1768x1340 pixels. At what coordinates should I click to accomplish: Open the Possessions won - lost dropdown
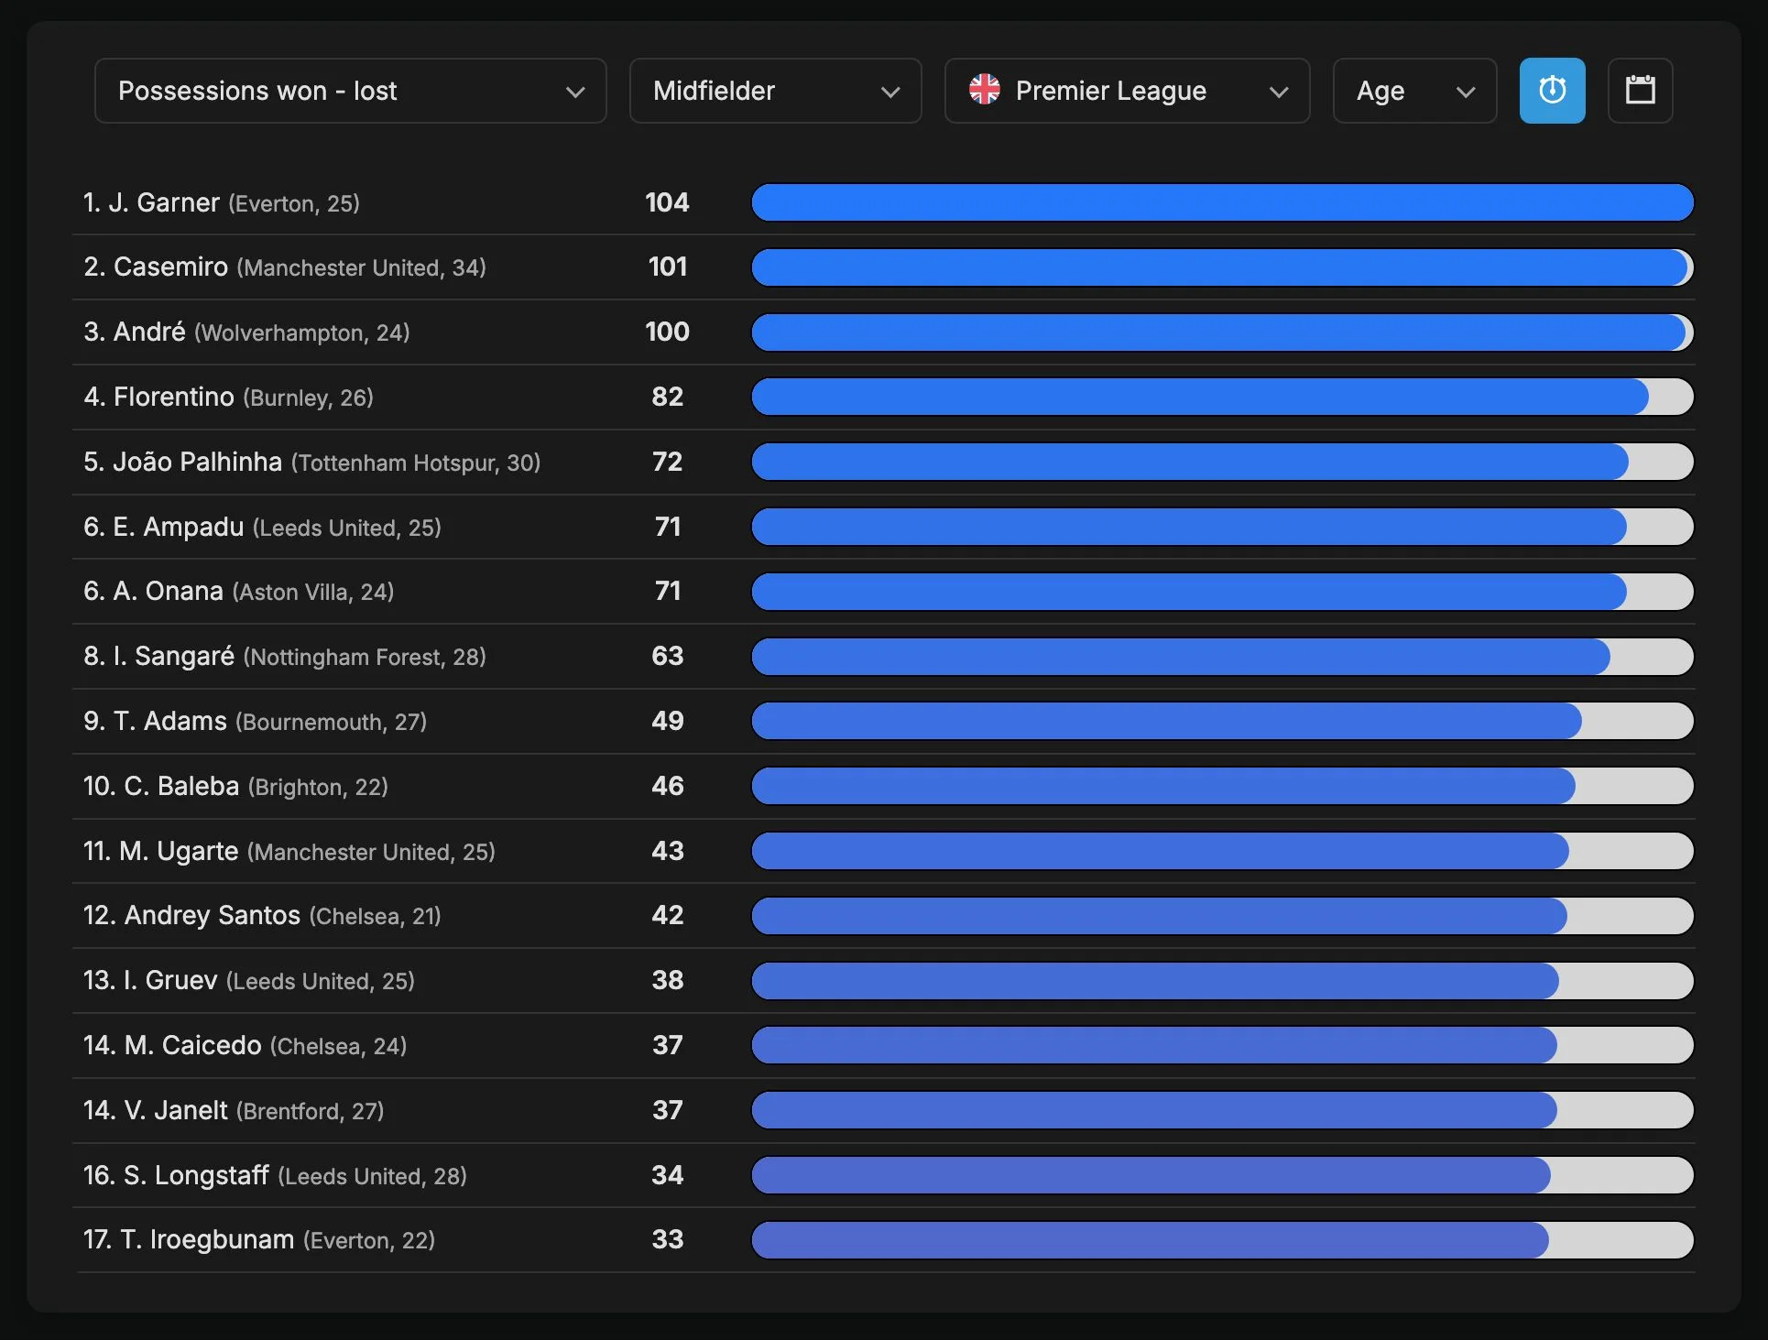(x=350, y=91)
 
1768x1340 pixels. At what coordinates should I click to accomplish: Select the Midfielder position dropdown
(x=775, y=91)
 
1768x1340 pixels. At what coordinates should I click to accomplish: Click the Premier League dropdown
(x=1127, y=91)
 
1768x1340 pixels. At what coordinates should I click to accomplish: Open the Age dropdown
(x=1414, y=91)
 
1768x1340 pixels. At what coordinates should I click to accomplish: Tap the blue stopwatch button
(x=1552, y=91)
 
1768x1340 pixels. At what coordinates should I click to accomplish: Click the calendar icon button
(x=1640, y=91)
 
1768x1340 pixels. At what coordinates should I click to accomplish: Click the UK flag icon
(x=985, y=90)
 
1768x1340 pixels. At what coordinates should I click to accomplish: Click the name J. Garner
(x=164, y=202)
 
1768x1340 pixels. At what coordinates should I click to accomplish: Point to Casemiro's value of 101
(x=668, y=267)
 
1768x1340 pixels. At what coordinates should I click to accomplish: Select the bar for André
(x=1222, y=332)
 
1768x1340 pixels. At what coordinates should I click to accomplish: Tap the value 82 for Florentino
(x=668, y=397)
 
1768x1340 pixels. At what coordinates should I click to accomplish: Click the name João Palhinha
(x=197, y=462)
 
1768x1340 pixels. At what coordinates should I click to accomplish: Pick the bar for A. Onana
(x=1222, y=592)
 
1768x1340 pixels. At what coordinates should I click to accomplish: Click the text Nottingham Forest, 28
(x=365, y=657)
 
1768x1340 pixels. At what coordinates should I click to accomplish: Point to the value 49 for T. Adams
(x=668, y=721)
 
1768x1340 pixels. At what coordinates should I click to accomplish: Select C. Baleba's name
(x=181, y=786)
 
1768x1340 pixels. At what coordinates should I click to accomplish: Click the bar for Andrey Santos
(x=1222, y=916)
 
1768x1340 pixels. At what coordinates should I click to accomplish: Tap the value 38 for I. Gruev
(x=668, y=980)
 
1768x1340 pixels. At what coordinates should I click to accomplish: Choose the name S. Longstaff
(x=196, y=1175)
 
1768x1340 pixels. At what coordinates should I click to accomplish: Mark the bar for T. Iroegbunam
(x=1222, y=1240)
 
